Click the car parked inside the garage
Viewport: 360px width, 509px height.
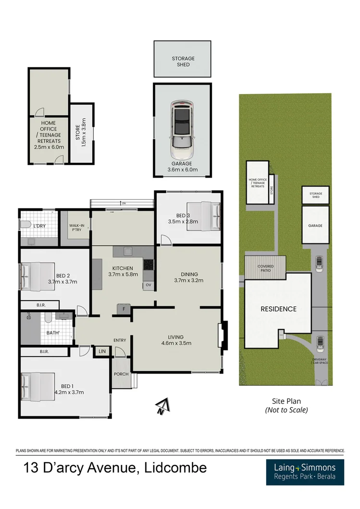(x=181, y=130)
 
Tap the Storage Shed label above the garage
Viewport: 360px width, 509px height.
(x=183, y=61)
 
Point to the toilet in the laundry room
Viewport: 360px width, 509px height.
(x=26, y=225)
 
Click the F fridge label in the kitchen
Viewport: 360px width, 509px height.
(x=124, y=309)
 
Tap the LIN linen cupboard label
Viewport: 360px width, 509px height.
(x=101, y=352)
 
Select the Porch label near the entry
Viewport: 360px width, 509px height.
(x=120, y=375)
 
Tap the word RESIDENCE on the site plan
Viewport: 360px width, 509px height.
(x=278, y=309)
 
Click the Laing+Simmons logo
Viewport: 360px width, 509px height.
(x=305, y=472)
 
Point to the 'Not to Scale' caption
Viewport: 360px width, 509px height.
(x=286, y=410)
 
